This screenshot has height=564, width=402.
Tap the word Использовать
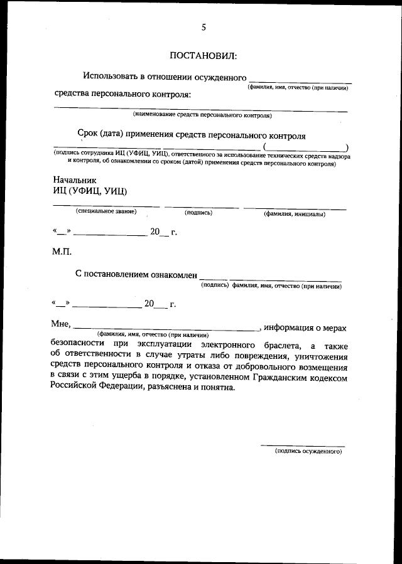point(113,77)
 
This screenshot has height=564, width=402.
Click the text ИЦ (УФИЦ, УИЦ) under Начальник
point(91,191)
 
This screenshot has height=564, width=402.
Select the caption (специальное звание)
point(106,212)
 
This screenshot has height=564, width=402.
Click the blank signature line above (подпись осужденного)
point(303,445)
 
